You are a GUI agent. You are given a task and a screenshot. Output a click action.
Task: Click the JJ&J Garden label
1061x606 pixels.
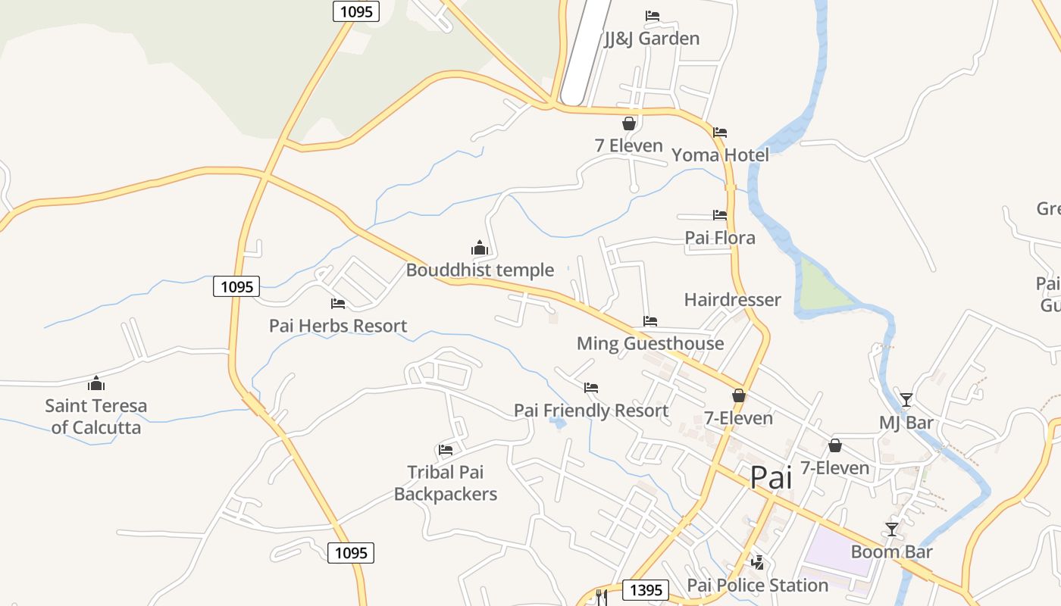652,39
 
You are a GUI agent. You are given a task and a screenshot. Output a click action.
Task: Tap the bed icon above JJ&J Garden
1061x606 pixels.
652,16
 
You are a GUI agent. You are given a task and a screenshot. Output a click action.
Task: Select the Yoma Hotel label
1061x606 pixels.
720,155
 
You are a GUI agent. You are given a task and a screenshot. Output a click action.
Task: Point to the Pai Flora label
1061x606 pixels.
720,238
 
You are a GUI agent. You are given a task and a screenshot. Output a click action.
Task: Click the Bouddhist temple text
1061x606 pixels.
480,270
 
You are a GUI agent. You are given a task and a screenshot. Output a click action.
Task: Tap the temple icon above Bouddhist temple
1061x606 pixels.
479,248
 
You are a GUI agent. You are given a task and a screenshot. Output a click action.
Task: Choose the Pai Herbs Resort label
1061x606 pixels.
338,326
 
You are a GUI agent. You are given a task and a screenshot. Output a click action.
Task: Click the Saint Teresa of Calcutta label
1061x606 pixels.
96,417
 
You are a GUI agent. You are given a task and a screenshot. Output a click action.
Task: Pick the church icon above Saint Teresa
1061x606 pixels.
96,383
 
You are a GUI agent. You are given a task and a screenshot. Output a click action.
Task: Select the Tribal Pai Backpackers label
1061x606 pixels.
446,483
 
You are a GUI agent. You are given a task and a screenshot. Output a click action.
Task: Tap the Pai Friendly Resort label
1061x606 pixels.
591,411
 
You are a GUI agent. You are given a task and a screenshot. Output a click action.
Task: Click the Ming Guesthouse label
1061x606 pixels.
650,343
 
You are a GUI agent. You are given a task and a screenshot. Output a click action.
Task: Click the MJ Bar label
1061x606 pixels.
906,423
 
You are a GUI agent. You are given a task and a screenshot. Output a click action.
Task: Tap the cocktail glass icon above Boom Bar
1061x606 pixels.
892,529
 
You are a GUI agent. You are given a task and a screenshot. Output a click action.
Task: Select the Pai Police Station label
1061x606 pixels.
757,586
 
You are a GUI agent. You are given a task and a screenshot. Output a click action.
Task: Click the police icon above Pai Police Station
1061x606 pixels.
757,562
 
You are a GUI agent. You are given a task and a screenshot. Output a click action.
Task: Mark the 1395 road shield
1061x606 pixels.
646,589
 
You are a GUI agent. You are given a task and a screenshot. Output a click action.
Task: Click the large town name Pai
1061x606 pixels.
771,478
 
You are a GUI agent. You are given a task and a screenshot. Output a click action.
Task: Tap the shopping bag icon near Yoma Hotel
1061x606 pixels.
629,123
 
